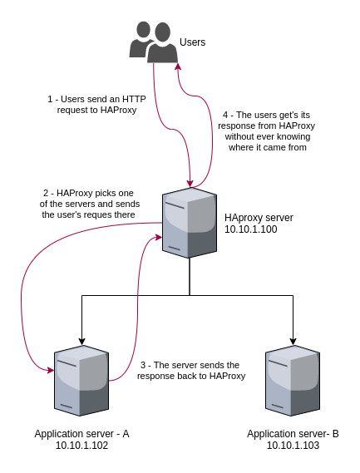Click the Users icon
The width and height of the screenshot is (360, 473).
tap(153, 42)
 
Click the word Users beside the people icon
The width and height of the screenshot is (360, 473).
tap(192, 42)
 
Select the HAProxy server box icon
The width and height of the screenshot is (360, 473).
tap(190, 223)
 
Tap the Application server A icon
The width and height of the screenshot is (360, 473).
tap(81, 381)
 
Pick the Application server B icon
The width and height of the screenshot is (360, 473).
tap(293, 381)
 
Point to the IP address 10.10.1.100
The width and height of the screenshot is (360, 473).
tap(251, 229)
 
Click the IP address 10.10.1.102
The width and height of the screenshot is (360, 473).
tap(81, 446)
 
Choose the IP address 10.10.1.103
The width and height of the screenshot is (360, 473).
tap(293, 446)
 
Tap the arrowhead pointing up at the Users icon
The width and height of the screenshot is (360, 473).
tap(178, 67)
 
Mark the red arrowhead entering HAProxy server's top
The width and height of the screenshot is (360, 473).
tap(190, 183)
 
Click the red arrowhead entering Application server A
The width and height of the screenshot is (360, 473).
tap(51, 370)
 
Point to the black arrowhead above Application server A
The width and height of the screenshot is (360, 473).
tap(81, 341)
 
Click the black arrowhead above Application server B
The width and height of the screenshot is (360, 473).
tap(293, 341)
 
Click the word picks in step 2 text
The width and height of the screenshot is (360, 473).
tap(103, 193)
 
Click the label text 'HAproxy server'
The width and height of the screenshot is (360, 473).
tap(259, 218)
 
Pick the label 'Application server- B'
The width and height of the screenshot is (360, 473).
tap(293, 434)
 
